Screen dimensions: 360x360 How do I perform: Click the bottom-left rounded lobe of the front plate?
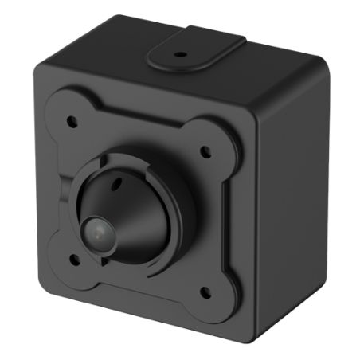pos(67,263)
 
